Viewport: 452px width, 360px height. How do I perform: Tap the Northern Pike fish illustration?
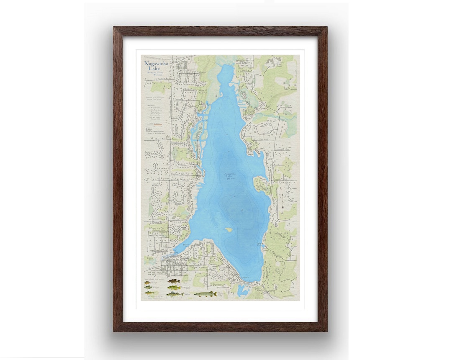point(205,294)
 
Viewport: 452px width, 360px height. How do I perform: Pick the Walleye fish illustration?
point(175,294)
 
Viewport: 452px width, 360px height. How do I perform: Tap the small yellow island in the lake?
point(229,229)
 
